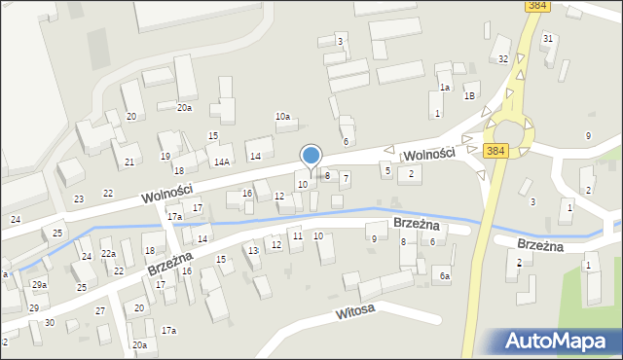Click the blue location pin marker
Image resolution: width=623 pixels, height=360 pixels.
coord(311,157)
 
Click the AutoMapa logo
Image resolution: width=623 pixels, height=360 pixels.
coord(559,341)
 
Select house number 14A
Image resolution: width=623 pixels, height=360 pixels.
coord(222,162)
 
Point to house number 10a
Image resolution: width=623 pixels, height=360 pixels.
coord(282,117)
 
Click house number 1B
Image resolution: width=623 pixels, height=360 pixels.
coord(469,95)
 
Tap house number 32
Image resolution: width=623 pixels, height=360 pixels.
coord(503,59)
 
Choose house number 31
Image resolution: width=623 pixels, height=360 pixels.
coord(548,38)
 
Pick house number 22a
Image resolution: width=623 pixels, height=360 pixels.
coord(109,254)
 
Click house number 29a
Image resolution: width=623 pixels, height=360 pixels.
coord(39,284)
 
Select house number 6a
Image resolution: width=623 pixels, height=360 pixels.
coord(444,276)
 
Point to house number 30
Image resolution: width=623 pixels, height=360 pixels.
coord(50,322)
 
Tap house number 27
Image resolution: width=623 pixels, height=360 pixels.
coord(99,310)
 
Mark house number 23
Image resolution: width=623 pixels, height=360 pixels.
coord(79,198)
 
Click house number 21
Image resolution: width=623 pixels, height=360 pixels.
coord(129,162)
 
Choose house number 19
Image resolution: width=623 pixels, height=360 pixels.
coord(165,156)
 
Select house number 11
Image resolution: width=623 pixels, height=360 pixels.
coord(298,236)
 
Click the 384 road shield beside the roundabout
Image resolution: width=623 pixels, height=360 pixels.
coord(495,151)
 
